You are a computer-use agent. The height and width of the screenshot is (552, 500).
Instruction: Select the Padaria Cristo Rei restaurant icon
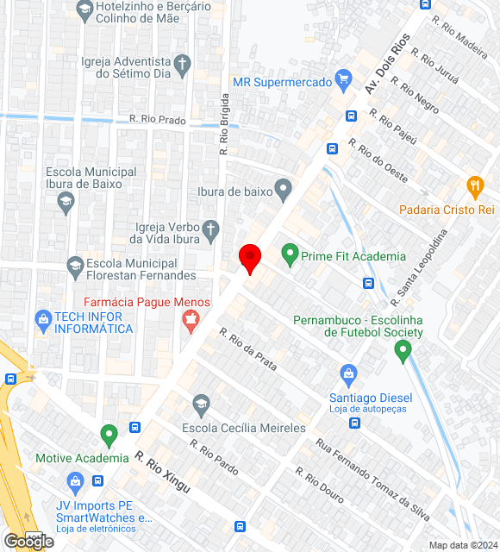click(474, 186)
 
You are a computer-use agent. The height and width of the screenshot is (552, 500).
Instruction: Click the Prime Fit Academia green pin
click(290, 254)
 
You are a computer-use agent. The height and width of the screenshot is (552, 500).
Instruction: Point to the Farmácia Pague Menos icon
click(191, 323)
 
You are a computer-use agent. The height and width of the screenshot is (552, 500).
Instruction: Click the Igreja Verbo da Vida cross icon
click(210, 230)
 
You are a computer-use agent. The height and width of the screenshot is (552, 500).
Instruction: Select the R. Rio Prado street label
click(157, 121)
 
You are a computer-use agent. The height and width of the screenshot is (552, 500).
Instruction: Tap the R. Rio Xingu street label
click(162, 474)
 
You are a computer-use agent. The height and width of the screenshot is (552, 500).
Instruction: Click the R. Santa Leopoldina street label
click(420, 267)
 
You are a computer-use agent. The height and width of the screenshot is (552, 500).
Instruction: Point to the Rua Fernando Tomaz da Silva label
click(372, 480)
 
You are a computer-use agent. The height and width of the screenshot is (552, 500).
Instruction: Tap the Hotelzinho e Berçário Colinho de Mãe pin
click(84, 10)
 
